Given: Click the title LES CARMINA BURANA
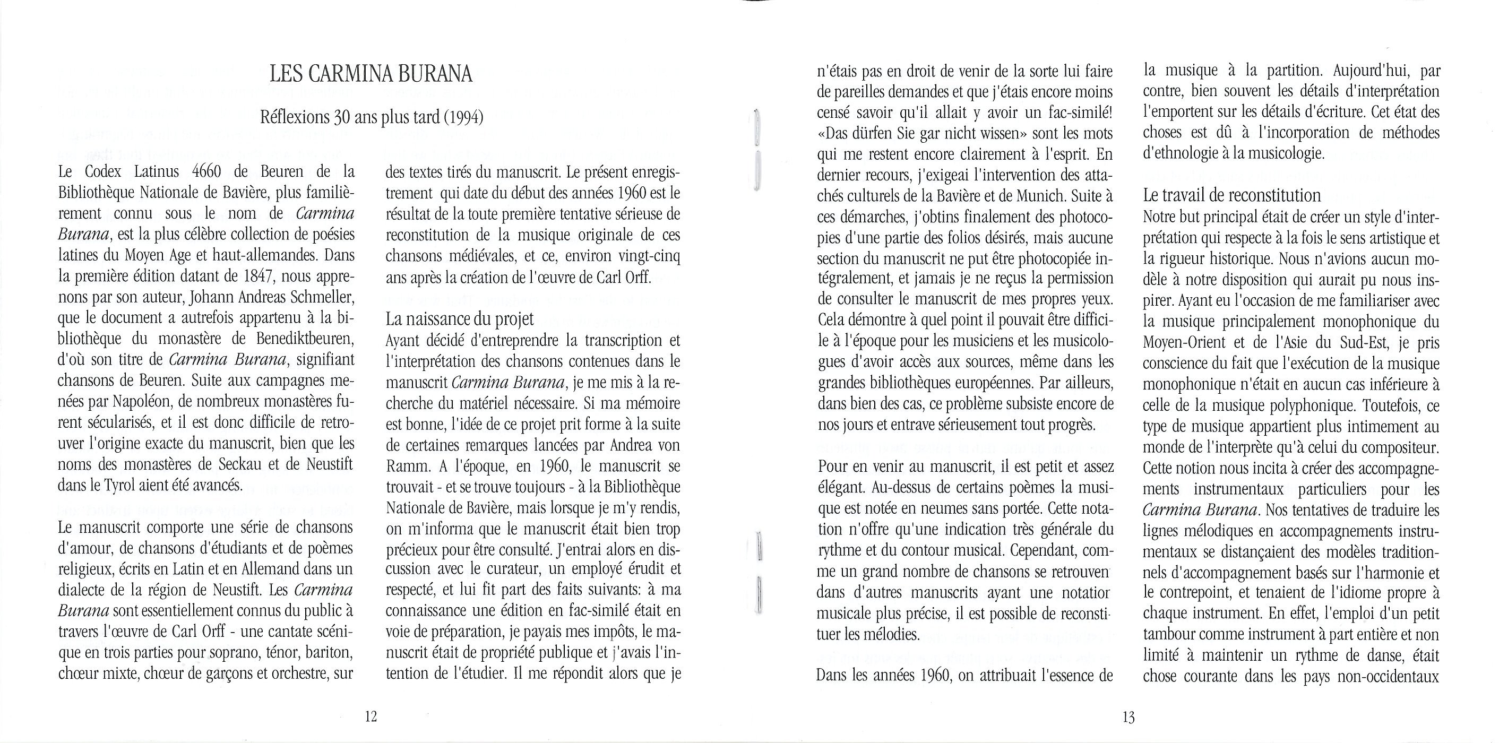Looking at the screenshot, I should point(371,74).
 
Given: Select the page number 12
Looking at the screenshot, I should point(371,717).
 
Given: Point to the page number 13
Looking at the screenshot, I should point(1128,718).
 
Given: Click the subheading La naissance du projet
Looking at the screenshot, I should point(460,319).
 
